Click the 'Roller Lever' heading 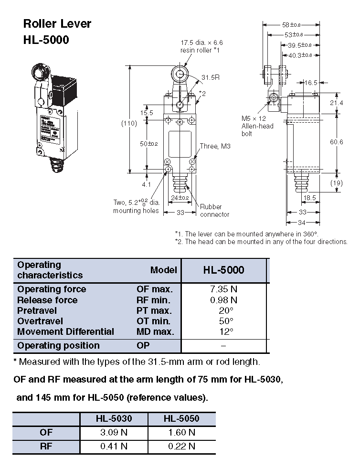click(57, 24)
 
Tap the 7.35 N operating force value click(223, 289)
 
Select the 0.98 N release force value click(223, 300)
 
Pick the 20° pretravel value click(223, 311)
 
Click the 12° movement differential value click(223, 331)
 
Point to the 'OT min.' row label click(153, 321)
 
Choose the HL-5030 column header click(114, 419)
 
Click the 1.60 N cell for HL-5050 click(181, 433)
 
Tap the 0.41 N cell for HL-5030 click(114, 447)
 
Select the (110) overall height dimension click(129, 123)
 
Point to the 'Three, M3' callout click(215, 147)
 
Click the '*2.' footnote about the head click(261, 242)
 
